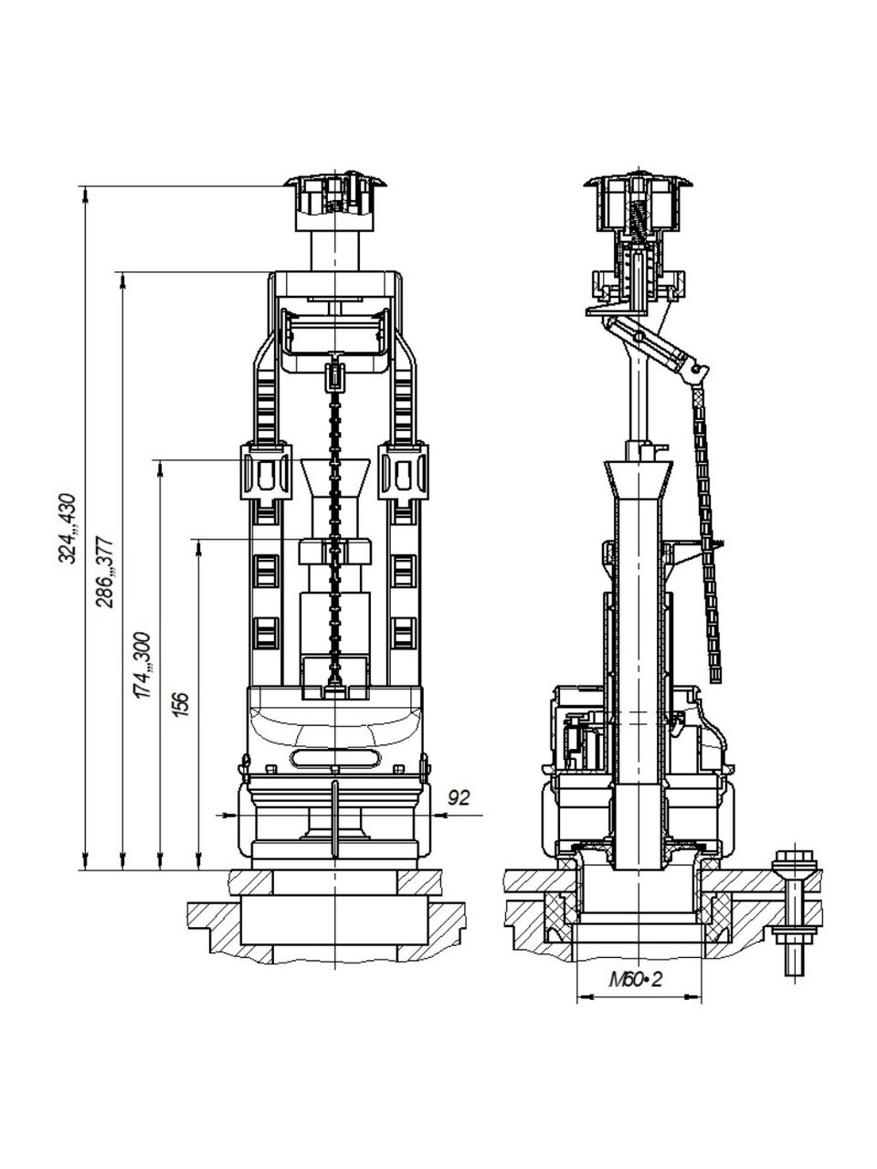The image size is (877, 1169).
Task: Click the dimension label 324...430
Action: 68,528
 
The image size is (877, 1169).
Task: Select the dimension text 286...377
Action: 104,573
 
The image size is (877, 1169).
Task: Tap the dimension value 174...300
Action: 143,665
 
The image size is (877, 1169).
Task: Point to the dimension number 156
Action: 181,703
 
